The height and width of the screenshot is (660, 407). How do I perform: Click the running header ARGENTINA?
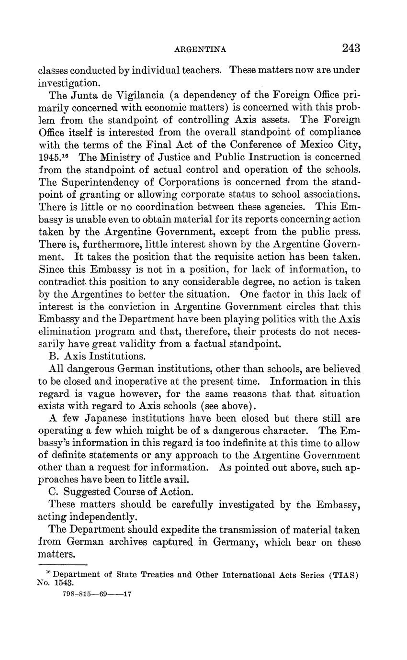coord(201,49)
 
